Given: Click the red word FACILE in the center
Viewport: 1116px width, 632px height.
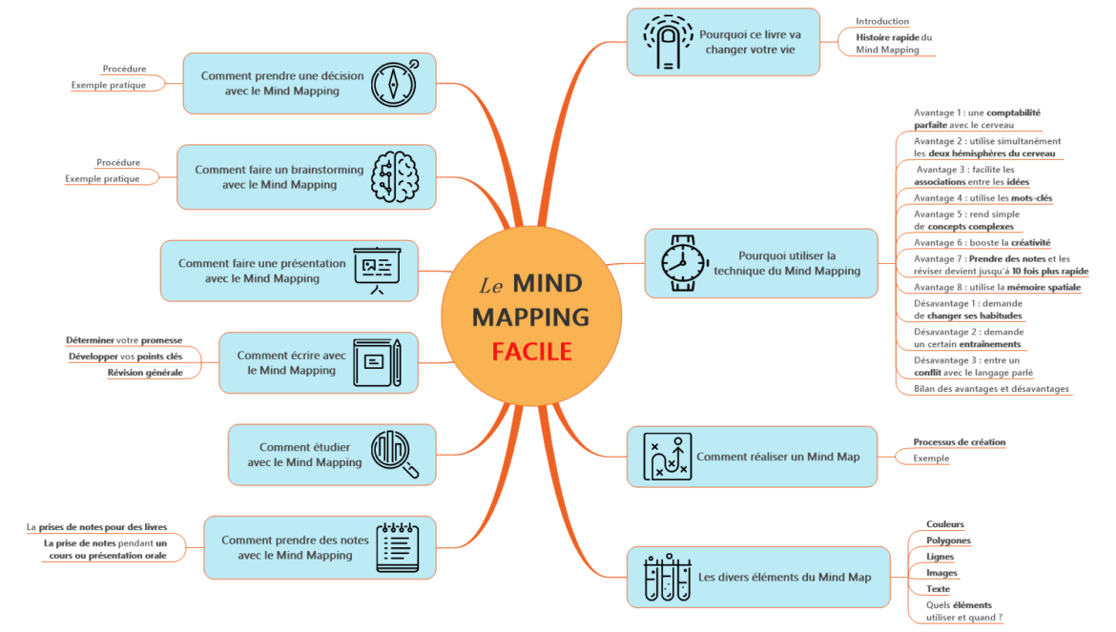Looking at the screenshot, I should click(531, 352).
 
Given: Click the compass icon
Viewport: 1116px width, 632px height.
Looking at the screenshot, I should click(394, 82).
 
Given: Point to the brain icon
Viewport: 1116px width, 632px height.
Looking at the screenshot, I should click(394, 176).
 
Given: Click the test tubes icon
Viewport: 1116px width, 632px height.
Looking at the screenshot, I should click(665, 577).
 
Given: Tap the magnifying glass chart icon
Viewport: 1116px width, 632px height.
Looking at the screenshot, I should click(394, 454).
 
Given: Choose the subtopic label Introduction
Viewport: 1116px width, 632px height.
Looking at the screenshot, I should click(881, 21).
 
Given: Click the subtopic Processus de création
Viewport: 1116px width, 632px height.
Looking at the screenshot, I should click(959, 442).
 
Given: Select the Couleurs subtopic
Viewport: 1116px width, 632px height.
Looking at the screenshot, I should click(944, 524).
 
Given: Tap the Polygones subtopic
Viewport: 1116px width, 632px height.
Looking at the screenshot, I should click(948, 540).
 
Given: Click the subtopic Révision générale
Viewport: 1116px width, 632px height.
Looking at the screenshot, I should click(145, 372).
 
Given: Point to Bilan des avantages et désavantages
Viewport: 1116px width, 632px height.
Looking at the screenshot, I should click(991, 389).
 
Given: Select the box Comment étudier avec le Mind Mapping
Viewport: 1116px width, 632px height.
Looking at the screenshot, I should click(304, 454).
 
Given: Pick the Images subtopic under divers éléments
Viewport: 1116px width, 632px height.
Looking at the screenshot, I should click(941, 573).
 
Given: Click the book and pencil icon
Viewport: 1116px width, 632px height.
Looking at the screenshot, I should click(377, 362).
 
